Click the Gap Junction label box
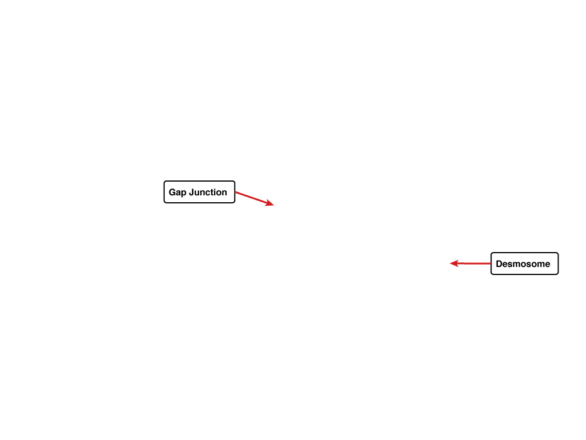tap(199, 192)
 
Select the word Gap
tap(177, 192)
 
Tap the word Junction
tap(208, 192)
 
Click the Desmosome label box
tap(524, 264)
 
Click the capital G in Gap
tap(172, 192)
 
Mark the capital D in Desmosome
tap(499, 264)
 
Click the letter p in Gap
tap(184, 194)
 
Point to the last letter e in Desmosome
tap(547, 265)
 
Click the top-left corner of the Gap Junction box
tap(164, 180)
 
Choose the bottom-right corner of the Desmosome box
tap(559, 274)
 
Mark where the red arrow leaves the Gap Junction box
tap(235, 192)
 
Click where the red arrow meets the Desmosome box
tap(490, 264)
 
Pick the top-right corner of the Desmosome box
tap(559, 253)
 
